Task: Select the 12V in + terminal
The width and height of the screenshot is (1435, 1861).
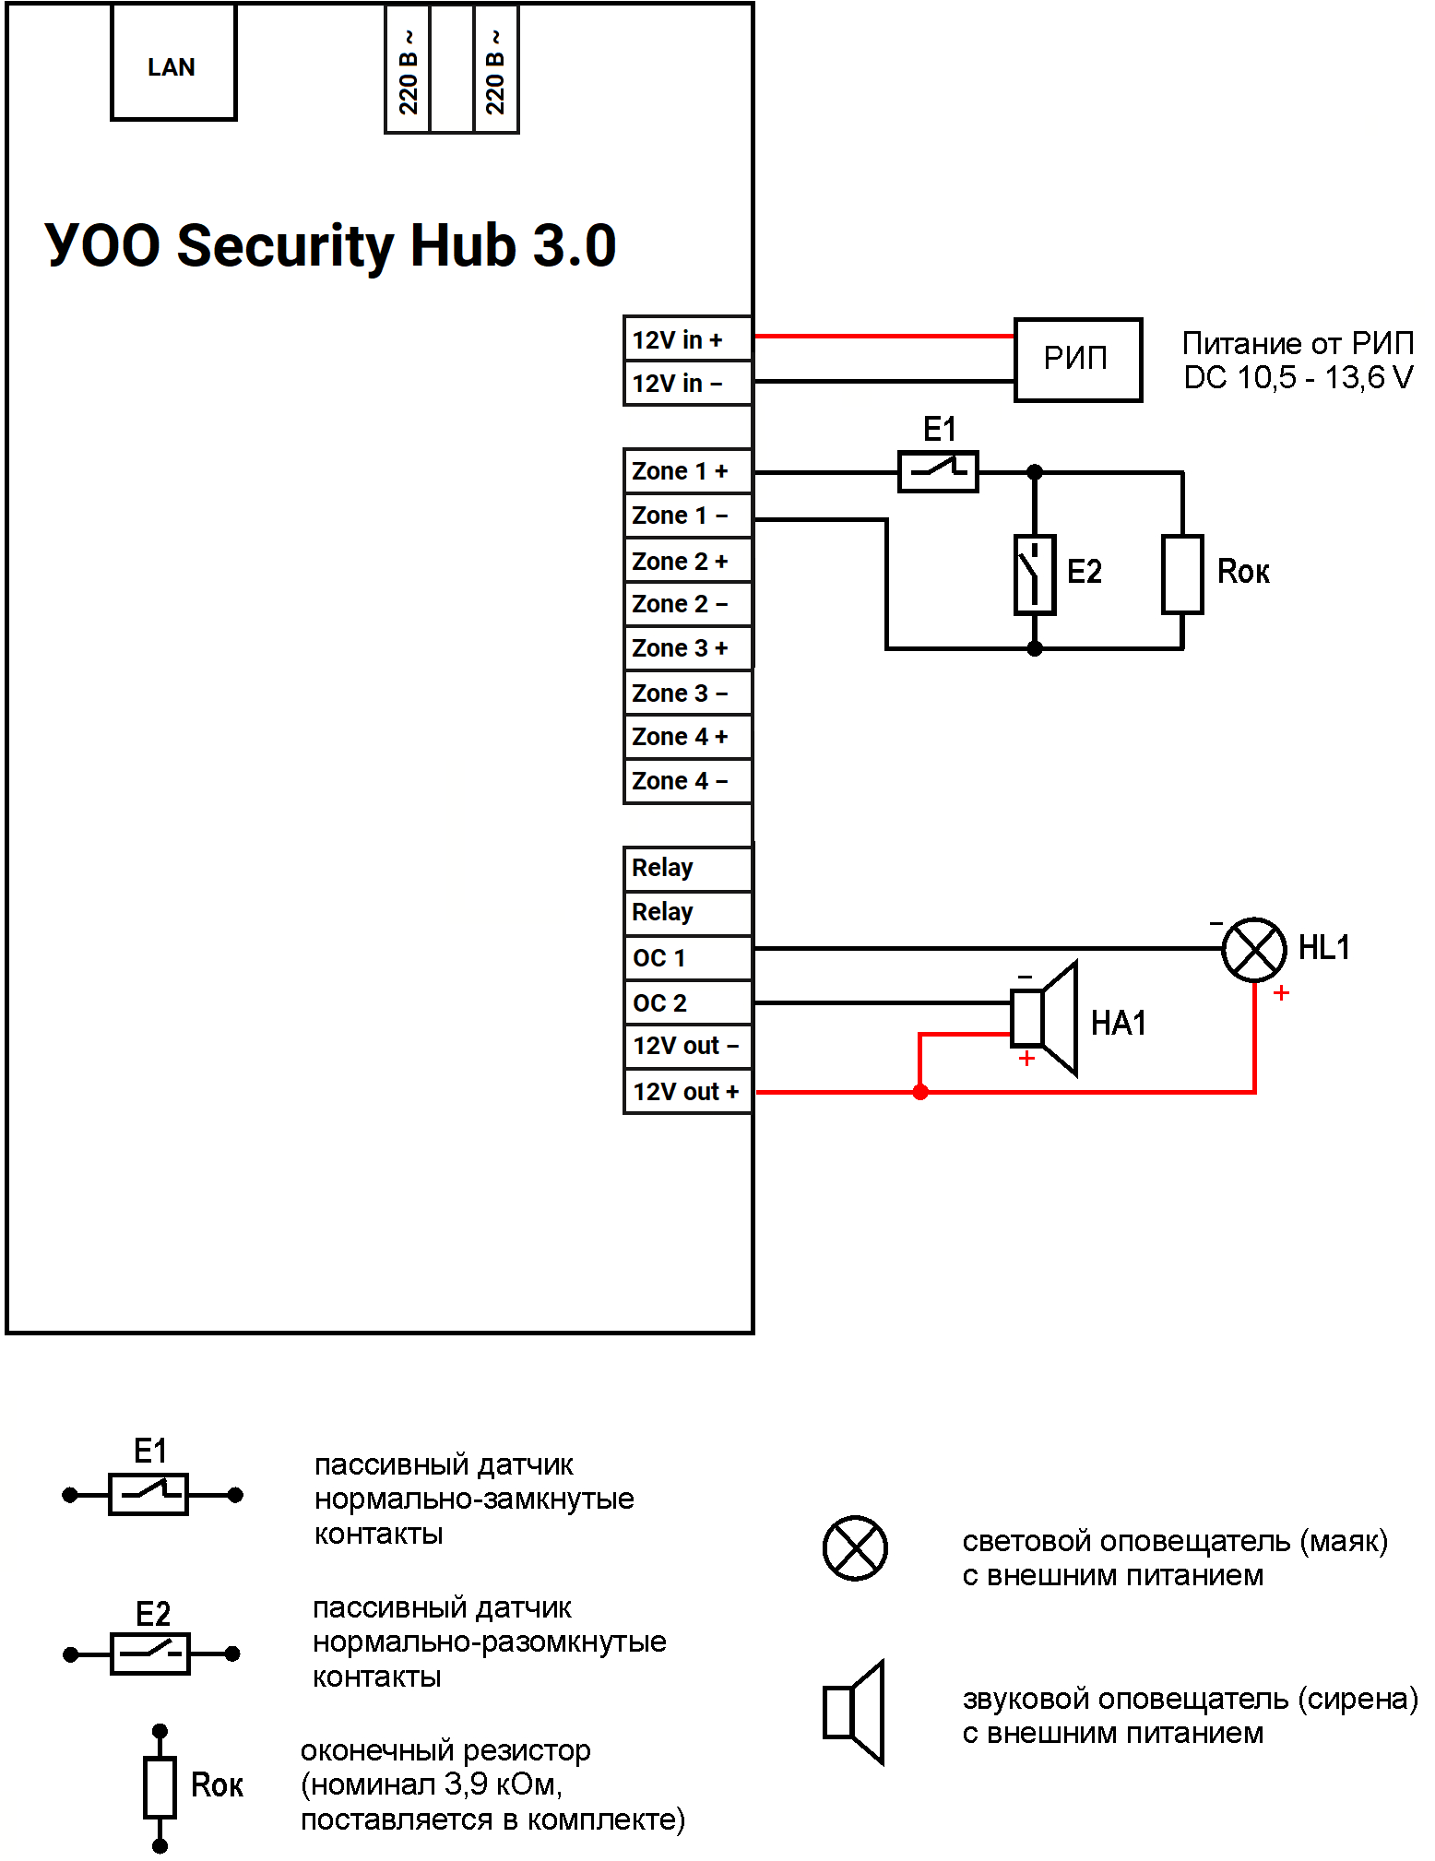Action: (687, 339)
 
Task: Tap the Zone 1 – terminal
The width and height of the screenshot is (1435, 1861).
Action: (687, 516)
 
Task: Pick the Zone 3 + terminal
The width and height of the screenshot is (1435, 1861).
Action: (687, 648)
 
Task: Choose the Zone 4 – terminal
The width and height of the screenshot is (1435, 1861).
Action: (687, 781)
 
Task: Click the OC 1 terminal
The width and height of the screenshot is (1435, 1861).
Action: (687, 958)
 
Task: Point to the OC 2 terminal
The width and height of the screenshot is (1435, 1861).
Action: (687, 1002)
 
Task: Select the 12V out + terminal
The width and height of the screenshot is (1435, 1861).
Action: (687, 1092)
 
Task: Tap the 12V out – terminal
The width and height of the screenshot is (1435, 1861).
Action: (687, 1046)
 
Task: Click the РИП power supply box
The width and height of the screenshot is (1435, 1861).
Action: (1077, 359)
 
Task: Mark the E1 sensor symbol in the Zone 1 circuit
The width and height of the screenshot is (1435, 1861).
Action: (938, 471)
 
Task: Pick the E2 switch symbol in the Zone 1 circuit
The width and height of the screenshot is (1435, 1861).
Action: (1035, 574)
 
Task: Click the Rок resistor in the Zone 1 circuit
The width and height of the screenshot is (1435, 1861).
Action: (1182, 574)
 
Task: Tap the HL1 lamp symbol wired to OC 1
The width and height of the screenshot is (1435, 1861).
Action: (1253, 950)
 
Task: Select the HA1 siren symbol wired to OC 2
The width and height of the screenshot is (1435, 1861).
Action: (1047, 1018)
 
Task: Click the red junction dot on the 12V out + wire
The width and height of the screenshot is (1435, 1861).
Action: (920, 1093)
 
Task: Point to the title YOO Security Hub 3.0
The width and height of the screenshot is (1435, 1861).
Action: (330, 246)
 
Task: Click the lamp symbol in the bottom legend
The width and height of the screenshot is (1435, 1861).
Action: (855, 1547)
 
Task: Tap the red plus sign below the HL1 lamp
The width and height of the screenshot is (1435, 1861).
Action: (1281, 993)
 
